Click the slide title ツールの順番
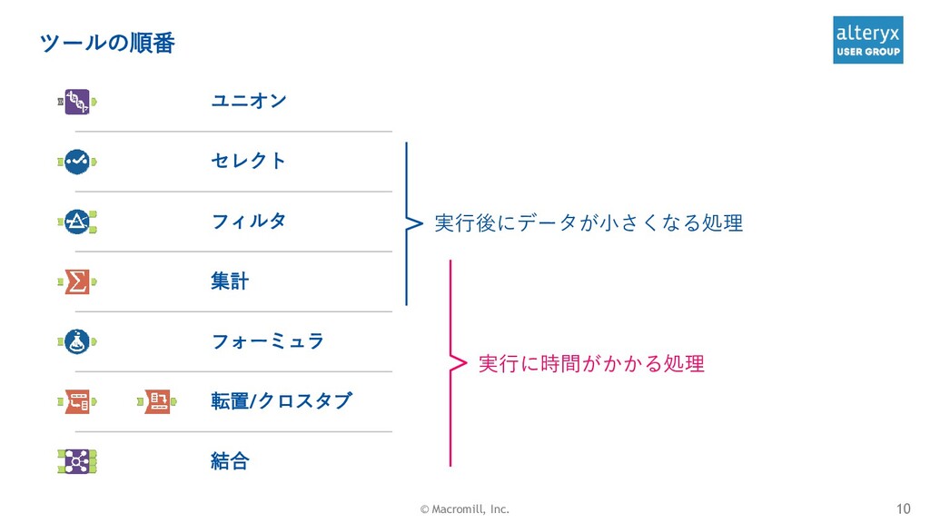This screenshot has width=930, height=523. point(107,43)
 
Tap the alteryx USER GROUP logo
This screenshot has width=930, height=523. point(867,40)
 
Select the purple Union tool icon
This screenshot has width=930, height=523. point(77,101)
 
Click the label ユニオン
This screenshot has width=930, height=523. point(248,100)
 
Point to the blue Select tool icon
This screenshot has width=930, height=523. point(77,162)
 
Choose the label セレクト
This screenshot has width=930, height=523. point(248,161)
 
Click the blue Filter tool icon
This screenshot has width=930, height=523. point(77,222)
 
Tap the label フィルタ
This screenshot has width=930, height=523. point(248,221)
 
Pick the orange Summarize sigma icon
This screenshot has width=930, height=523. point(77,281)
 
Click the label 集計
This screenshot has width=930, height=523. point(229,281)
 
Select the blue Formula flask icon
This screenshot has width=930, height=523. point(77,341)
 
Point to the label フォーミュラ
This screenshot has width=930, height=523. point(267,341)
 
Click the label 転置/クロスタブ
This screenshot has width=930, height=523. point(281,400)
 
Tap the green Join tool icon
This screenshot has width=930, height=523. point(77,461)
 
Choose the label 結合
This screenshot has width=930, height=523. point(229,461)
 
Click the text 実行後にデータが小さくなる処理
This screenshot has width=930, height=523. point(588,222)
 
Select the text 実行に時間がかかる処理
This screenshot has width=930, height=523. point(590,364)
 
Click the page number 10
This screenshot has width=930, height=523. point(903,508)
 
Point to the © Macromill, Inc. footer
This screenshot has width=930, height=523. point(464,509)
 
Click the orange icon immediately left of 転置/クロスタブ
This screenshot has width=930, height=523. point(156,400)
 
